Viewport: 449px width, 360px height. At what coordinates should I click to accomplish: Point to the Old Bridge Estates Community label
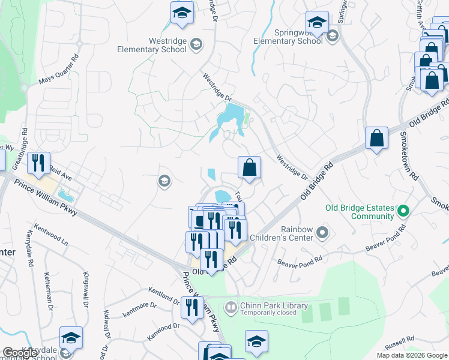[x=360, y=212]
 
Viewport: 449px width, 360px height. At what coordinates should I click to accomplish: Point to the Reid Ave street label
[x=61, y=170]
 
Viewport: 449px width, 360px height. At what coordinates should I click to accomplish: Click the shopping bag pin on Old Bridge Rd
[x=376, y=139]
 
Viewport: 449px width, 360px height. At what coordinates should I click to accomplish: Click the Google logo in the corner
[x=20, y=353]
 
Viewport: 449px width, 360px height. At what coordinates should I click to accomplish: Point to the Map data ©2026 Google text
[x=412, y=355]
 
